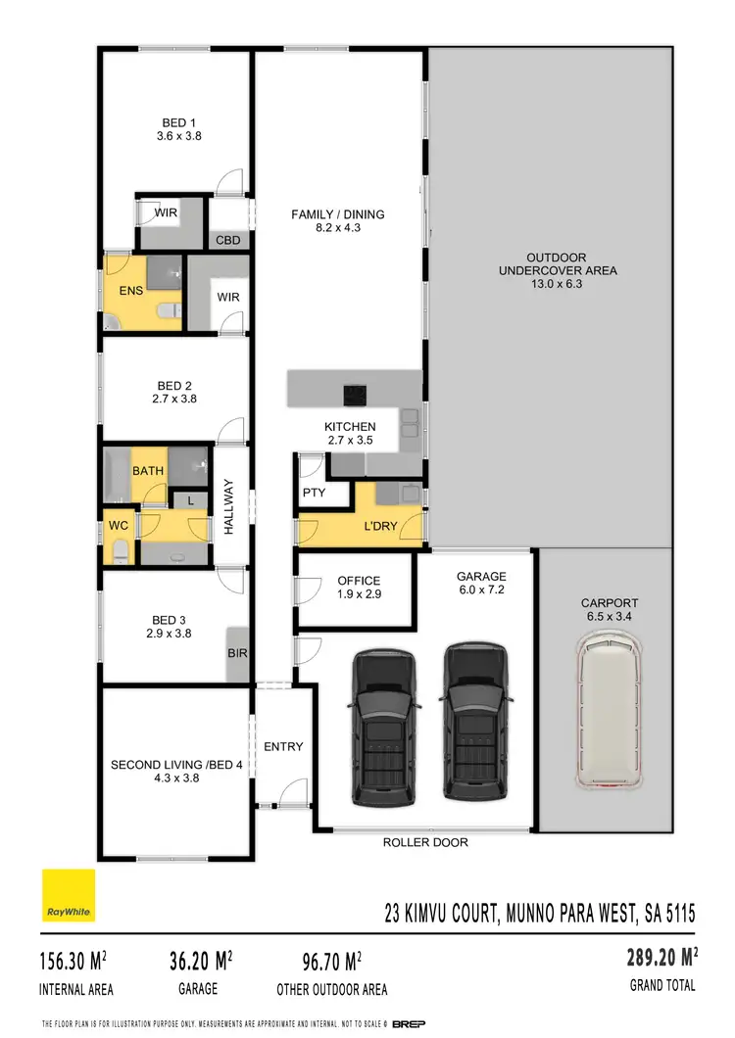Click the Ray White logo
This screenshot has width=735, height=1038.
[69, 896]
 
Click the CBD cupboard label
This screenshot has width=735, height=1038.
[228, 240]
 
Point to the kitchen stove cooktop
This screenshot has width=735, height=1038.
[355, 395]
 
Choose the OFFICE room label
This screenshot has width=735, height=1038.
[359, 581]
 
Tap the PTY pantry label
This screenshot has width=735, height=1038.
[314, 493]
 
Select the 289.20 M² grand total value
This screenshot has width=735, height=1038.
[661, 957]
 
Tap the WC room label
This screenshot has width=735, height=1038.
[119, 526]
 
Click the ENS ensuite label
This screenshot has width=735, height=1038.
[131, 291]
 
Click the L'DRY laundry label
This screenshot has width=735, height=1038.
[380, 526]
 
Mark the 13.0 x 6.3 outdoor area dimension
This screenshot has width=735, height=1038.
[558, 284]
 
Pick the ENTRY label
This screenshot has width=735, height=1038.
[283, 746]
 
